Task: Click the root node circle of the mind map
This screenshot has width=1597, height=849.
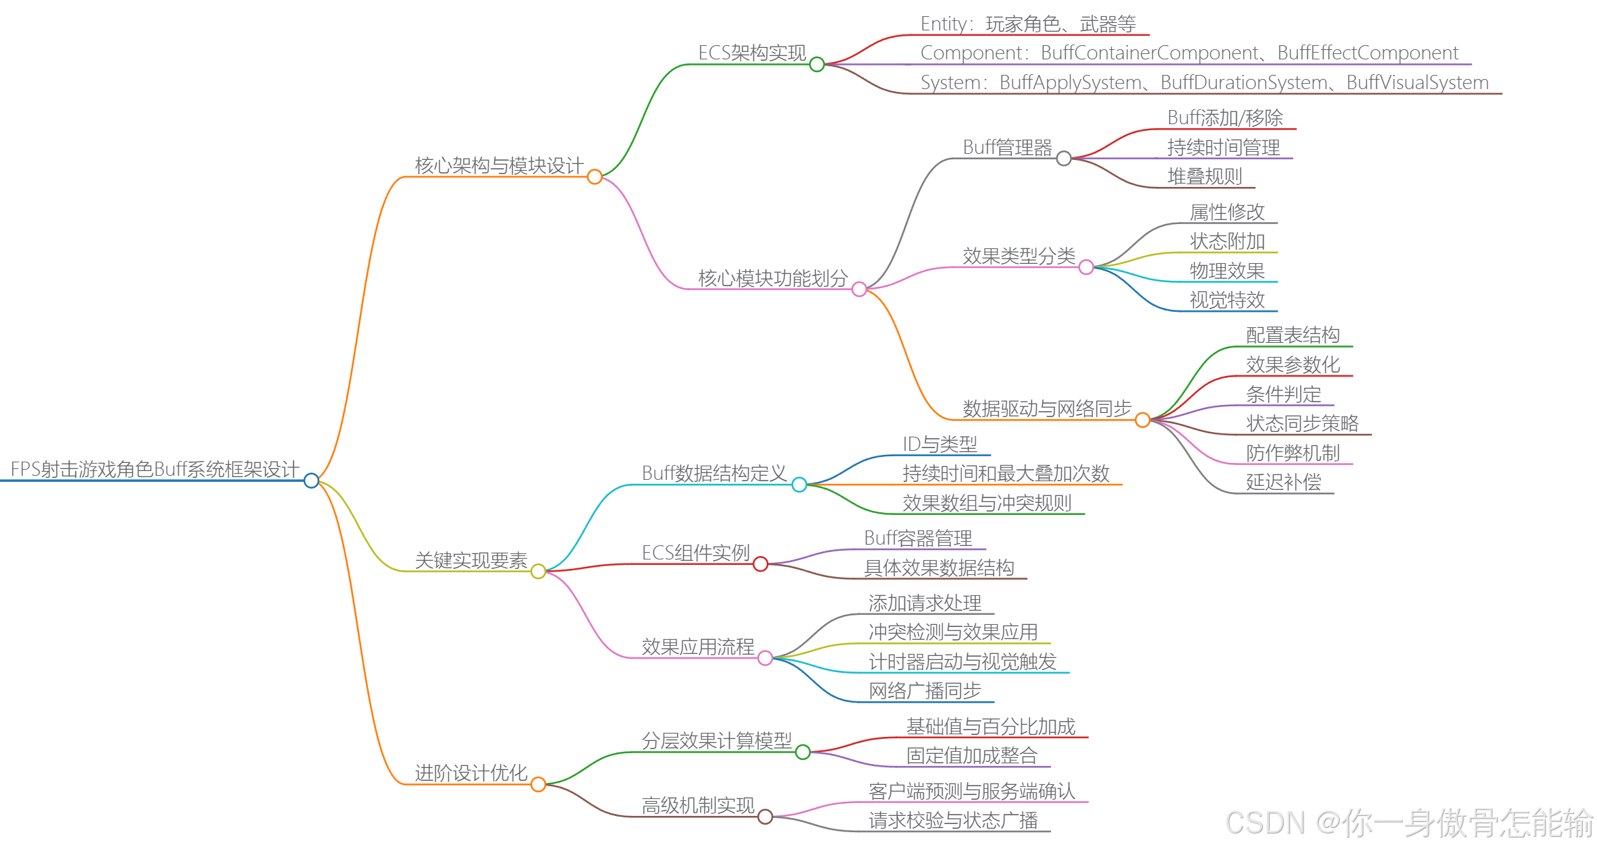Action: click(x=311, y=481)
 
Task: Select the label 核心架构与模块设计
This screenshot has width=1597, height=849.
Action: click(x=499, y=165)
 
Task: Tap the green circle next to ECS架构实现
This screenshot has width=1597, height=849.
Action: click(x=817, y=64)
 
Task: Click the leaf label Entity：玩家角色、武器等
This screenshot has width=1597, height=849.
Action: click(x=1028, y=24)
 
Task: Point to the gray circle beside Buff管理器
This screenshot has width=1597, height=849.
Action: click(x=1064, y=159)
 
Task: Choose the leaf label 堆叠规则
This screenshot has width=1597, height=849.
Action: click(x=1205, y=177)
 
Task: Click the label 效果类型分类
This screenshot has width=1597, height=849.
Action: click(x=1019, y=256)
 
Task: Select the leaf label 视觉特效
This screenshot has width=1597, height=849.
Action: click(x=1227, y=300)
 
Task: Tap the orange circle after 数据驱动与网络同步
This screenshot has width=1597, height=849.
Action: click(x=1143, y=420)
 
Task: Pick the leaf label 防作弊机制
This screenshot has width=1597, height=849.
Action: click(x=1293, y=453)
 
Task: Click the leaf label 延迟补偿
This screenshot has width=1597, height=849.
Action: click(x=1283, y=482)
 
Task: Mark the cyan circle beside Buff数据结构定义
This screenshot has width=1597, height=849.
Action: click(x=799, y=484)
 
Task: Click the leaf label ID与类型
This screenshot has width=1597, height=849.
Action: click(x=940, y=444)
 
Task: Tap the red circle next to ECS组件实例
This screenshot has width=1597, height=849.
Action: click(x=761, y=564)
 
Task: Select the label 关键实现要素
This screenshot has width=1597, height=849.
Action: click(x=471, y=560)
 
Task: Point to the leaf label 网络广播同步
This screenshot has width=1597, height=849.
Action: click(x=925, y=690)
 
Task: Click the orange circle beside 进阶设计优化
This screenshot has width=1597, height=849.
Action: click(x=538, y=784)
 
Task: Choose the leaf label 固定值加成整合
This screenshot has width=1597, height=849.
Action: click(x=971, y=755)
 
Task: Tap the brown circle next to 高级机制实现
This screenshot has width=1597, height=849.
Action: click(x=765, y=817)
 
